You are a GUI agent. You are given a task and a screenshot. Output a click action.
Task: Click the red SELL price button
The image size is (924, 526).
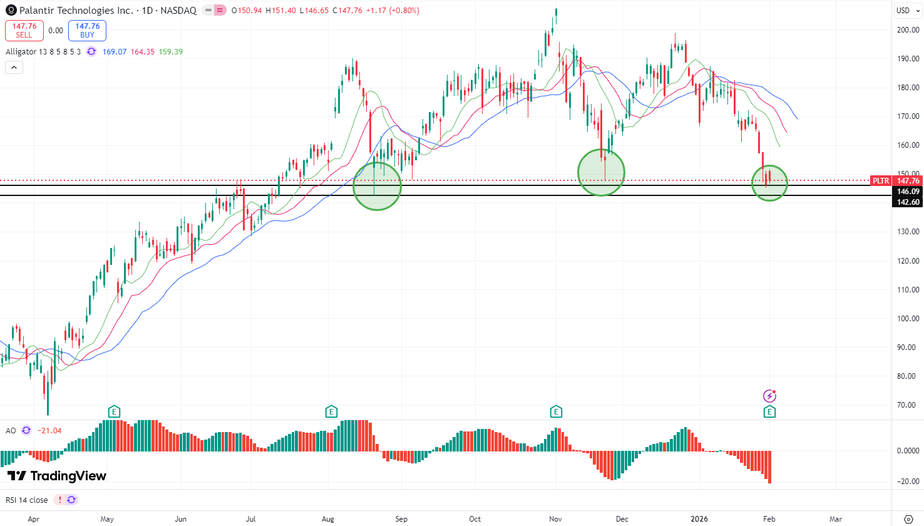coord(24,30)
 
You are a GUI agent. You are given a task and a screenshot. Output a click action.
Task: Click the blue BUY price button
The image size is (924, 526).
coord(87,30)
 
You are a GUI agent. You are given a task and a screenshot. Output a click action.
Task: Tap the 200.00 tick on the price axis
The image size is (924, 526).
coord(908,29)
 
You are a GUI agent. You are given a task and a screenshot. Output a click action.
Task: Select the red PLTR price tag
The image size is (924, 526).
coord(881,181)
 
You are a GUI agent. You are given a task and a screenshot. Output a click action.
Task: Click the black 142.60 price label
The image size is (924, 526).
coord(908,202)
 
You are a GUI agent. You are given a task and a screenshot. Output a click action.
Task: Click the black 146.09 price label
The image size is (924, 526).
coord(908,192)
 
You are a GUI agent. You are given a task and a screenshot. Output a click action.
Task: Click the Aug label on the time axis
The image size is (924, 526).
coord(327,519)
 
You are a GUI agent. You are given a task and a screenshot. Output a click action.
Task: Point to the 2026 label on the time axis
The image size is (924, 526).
coord(699,519)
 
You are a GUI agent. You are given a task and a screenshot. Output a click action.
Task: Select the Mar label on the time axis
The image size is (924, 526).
coord(835,519)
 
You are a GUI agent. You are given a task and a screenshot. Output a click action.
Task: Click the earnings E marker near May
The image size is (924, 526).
coord(113,412)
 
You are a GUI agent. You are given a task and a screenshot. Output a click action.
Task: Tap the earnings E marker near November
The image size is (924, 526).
coord(556,412)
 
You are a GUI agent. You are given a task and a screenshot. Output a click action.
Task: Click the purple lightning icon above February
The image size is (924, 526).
coord(769,396)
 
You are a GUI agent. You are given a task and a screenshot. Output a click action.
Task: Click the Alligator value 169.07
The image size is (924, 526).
coord(115,52)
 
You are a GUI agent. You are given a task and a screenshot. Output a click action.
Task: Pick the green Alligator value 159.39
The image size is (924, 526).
coord(171,52)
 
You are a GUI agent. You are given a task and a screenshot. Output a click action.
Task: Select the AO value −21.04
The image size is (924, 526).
coord(49,431)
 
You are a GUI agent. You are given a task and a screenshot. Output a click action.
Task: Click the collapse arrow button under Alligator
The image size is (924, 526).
coord(14,66)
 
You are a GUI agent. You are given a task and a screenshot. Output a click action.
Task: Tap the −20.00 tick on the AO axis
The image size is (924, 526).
coord(908,482)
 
